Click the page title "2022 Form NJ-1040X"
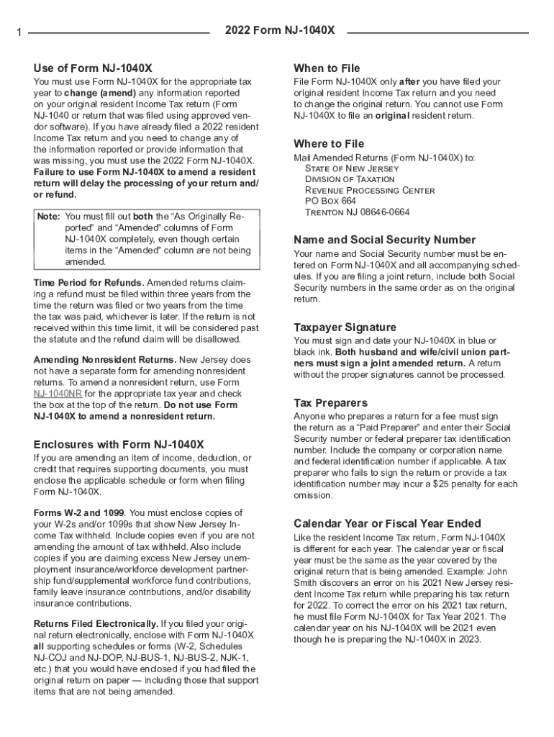279,31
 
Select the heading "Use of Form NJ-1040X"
93,68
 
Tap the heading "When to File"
327,68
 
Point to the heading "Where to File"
329,143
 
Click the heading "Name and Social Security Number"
385,239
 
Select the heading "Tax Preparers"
330,402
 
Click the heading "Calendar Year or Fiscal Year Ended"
388,523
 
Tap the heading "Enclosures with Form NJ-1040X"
119,444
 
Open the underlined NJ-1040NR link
58,394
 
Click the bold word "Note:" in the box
48,216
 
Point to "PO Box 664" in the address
330,202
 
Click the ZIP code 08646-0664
384,212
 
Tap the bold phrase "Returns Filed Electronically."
96,623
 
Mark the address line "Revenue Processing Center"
370,191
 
